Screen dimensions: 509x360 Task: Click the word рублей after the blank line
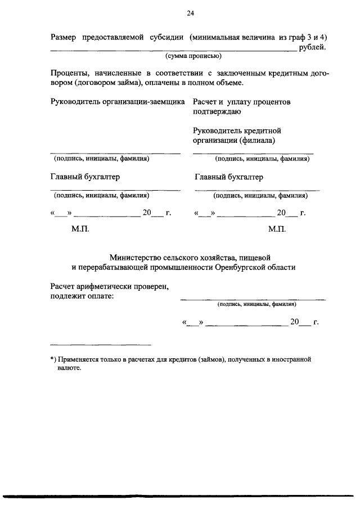(x=313, y=47)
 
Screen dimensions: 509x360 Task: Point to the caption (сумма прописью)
(x=193, y=56)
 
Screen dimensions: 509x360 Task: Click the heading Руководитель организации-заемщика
(x=118, y=102)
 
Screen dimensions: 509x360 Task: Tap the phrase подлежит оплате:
(x=82, y=296)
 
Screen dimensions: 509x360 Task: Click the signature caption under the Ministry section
(x=256, y=304)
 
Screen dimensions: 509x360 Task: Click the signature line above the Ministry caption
(x=253, y=299)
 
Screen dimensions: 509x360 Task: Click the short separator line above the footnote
(x=101, y=344)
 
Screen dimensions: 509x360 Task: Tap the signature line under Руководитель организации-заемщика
(x=115, y=153)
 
